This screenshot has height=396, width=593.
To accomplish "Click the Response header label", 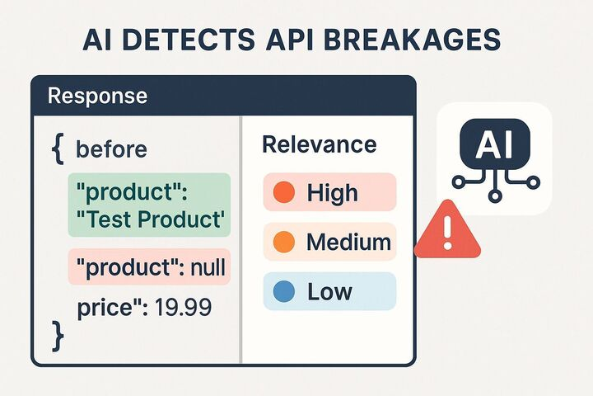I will point(97,96).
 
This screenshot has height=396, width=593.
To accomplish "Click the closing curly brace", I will point(57,334).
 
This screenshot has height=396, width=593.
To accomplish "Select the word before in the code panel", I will point(111,150).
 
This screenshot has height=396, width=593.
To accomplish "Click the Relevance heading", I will point(319,145).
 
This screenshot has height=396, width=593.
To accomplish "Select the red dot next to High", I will point(282,193).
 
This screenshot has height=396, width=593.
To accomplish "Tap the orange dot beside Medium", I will point(282,243).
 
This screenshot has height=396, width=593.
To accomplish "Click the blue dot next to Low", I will point(282,291).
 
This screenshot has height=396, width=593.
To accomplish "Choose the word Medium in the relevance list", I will point(348,243).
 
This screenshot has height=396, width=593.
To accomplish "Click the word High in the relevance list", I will point(332,193).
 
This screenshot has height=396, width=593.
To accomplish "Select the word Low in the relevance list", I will point(329,291).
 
